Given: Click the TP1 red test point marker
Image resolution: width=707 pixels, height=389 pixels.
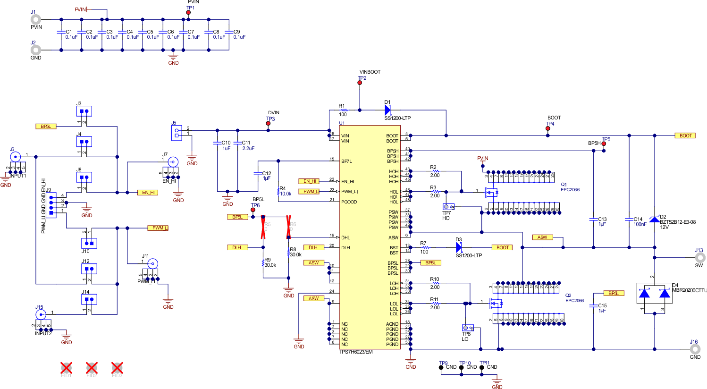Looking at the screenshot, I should (188, 13).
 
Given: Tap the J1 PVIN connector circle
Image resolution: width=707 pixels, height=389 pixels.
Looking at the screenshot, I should (36, 19).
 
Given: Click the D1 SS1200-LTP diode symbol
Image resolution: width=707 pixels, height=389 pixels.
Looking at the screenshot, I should (388, 110).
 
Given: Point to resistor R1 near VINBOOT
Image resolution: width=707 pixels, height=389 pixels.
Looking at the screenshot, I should (344, 110).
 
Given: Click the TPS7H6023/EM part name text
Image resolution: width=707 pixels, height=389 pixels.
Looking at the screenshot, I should (356, 352).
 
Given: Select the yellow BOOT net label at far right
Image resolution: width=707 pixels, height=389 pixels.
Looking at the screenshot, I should (685, 135).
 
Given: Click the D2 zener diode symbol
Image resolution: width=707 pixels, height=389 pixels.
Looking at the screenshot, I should (655, 219).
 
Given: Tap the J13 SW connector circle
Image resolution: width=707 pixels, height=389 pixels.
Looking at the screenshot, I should (700, 258).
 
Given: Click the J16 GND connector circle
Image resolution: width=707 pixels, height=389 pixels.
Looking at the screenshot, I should (695, 349).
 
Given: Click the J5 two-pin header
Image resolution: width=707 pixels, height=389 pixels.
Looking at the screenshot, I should (177, 132).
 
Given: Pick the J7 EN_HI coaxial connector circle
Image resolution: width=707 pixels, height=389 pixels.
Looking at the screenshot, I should (173, 162).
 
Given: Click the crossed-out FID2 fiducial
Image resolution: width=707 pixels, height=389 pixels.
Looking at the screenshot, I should (92, 368).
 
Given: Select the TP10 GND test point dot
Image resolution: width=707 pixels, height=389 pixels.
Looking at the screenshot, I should (462, 367).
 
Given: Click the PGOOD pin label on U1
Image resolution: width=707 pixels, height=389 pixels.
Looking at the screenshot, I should (349, 202).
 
